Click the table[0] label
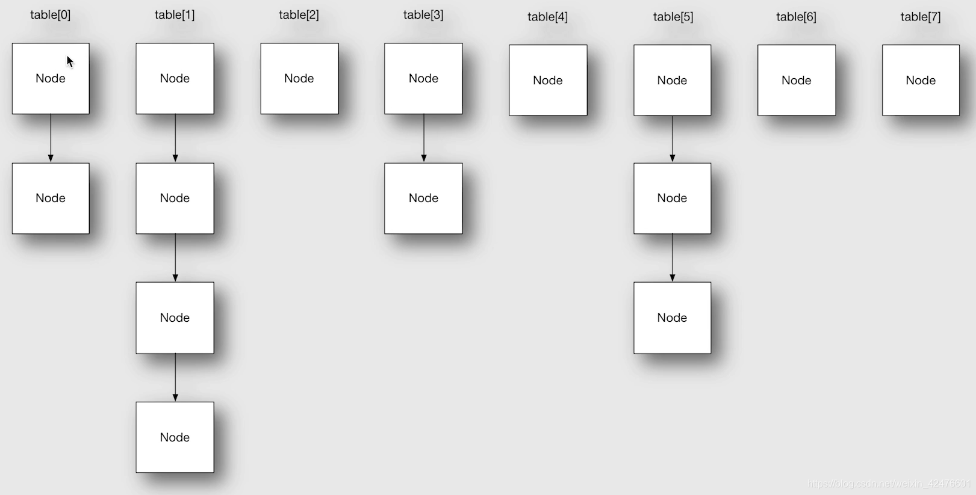point(51,15)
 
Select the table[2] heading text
point(299,15)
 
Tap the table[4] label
point(547,17)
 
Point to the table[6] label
point(796,17)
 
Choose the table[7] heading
point(920,17)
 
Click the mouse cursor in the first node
point(70,61)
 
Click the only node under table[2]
point(299,78)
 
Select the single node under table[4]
point(548,80)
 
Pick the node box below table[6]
point(796,80)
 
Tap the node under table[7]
point(921,80)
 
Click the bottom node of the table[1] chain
point(175,437)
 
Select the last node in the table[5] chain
point(672,318)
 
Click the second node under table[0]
point(51,198)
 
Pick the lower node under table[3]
point(423,198)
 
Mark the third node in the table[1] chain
point(175,318)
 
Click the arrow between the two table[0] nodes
point(51,138)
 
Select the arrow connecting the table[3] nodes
point(424,138)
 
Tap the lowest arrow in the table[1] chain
point(175,377)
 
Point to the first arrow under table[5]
point(673,139)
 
